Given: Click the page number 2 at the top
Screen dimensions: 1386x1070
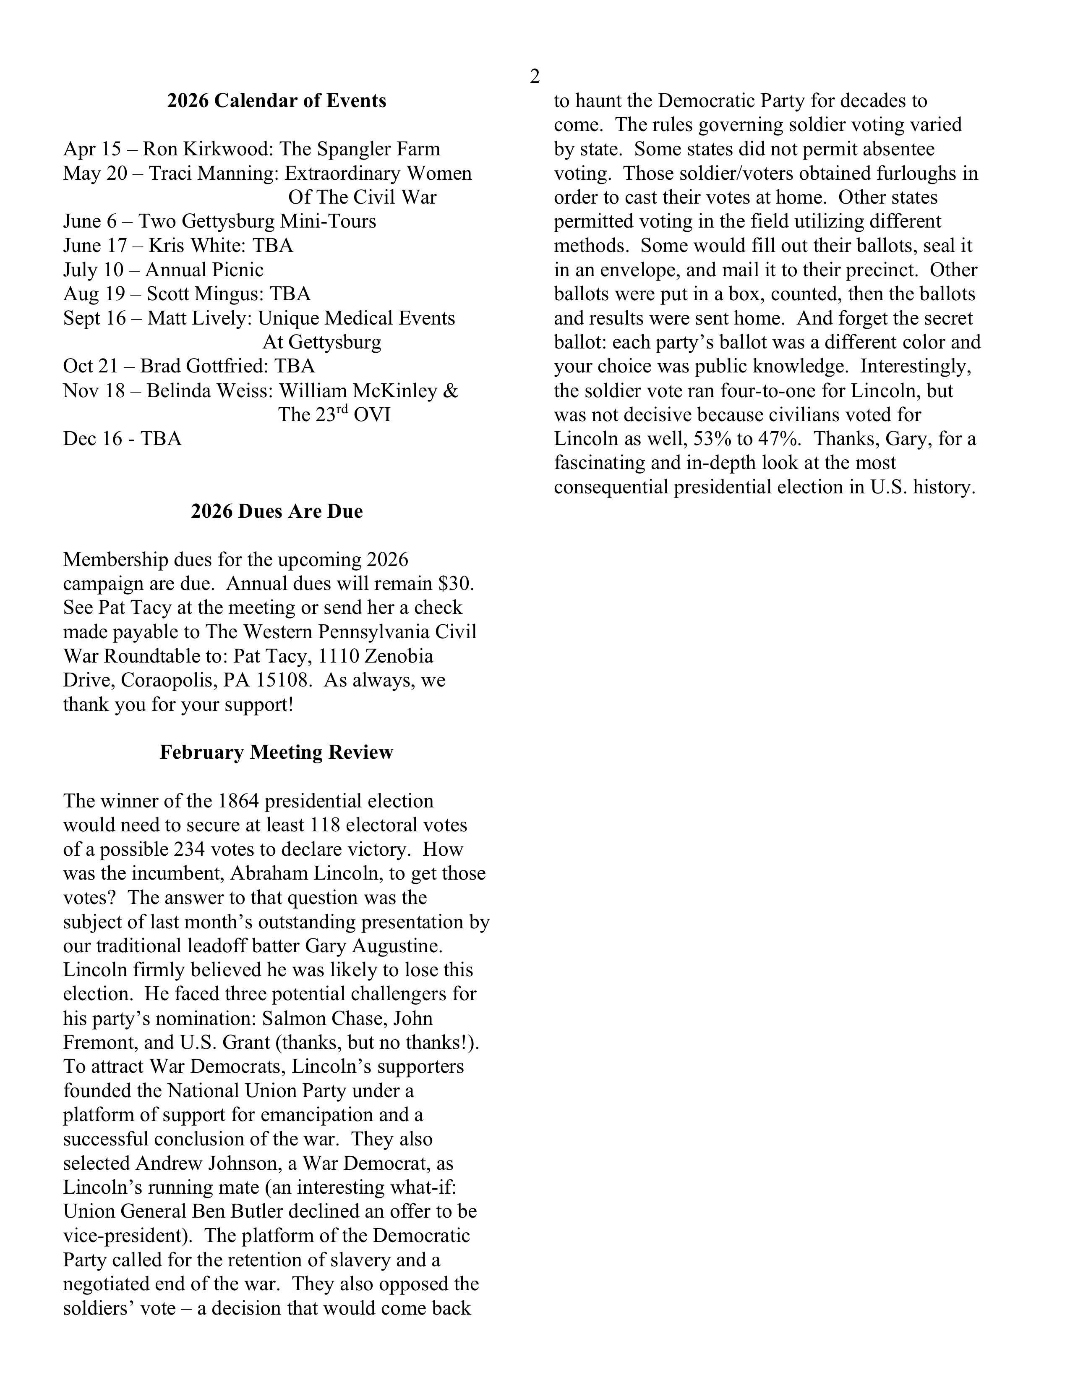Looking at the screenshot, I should click(x=535, y=77).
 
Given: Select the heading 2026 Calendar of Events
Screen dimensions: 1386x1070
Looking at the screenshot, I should click(x=277, y=101).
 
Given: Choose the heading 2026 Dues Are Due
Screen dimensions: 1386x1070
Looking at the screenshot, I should click(x=277, y=511).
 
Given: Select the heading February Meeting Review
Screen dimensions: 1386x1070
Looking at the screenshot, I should click(x=277, y=752).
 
